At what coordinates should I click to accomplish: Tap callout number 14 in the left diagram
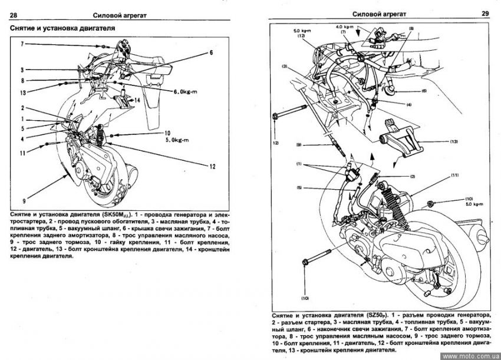point(137,101)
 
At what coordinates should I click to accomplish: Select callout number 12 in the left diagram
point(213,167)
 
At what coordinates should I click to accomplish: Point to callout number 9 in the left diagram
point(24,200)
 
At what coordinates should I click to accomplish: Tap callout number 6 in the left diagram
point(210,53)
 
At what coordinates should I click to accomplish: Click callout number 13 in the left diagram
point(23,93)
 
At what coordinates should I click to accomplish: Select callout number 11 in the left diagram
point(23,153)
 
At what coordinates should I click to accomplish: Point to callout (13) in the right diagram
point(453,142)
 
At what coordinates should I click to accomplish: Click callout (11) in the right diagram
point(454,176)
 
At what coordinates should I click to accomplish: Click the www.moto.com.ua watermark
point(470,356)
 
